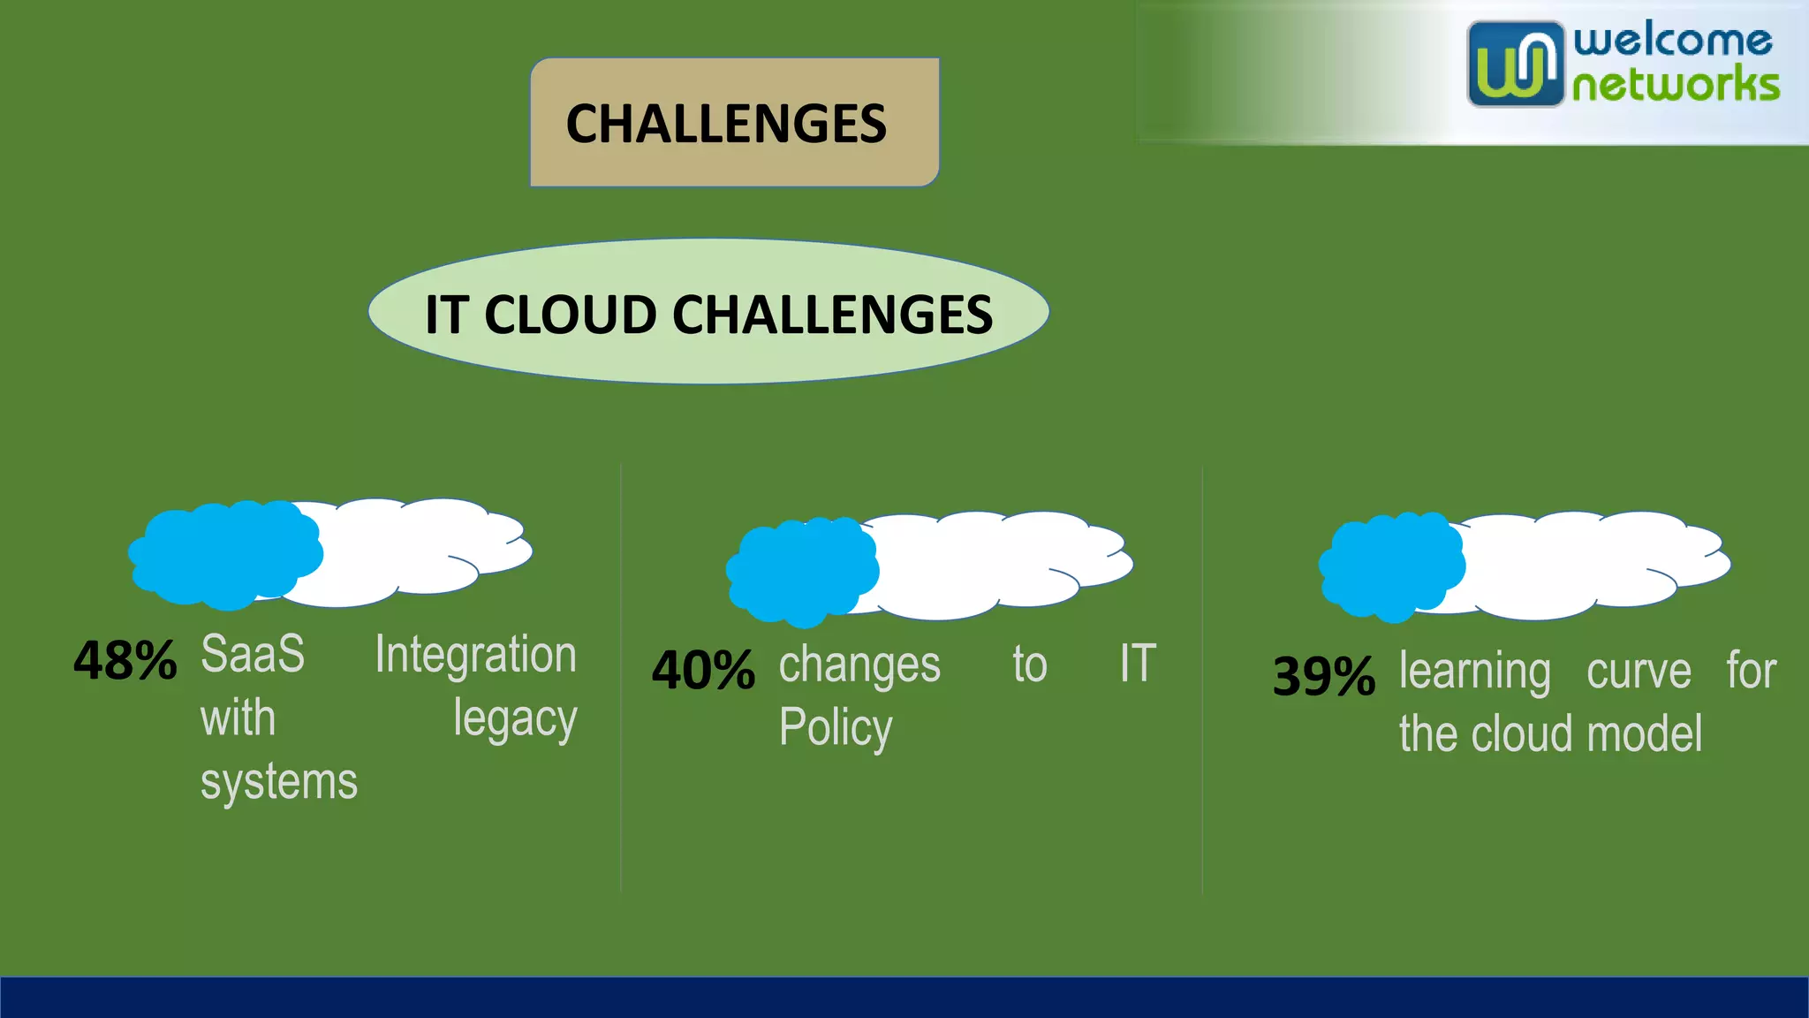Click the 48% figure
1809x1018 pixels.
(125, 661)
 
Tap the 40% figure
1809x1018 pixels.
(703, 671)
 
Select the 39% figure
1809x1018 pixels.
(1323, 678)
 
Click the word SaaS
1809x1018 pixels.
(253, 655)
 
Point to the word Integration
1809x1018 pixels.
(475, 655)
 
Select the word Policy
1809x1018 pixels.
(836, 728)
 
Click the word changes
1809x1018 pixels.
(859, 665)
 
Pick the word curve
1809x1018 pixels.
(1639, 672)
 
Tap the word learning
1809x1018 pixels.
(1474, 672)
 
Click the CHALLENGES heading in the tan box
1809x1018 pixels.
(726, 123)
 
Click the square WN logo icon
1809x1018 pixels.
(1515, 65)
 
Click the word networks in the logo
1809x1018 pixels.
(1676, 86)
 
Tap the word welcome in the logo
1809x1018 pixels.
(1672, 40)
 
